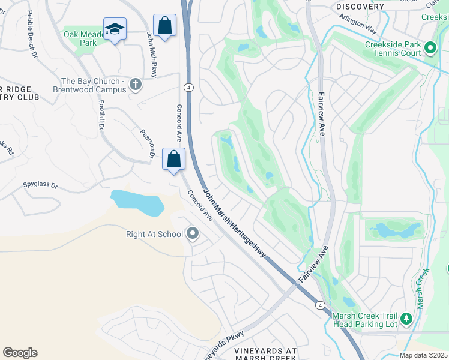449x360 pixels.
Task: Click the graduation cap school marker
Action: (114, 29)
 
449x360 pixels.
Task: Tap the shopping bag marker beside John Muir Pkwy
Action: (164, 26)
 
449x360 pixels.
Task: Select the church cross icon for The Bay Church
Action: (136, 85)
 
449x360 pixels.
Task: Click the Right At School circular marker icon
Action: (193, 233)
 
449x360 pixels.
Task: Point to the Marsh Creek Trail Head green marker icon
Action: (406, 319)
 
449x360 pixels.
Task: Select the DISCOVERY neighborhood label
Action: (360, 6)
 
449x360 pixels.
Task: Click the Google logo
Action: (20, 352)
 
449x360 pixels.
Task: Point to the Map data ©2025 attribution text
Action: (423, 355)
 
